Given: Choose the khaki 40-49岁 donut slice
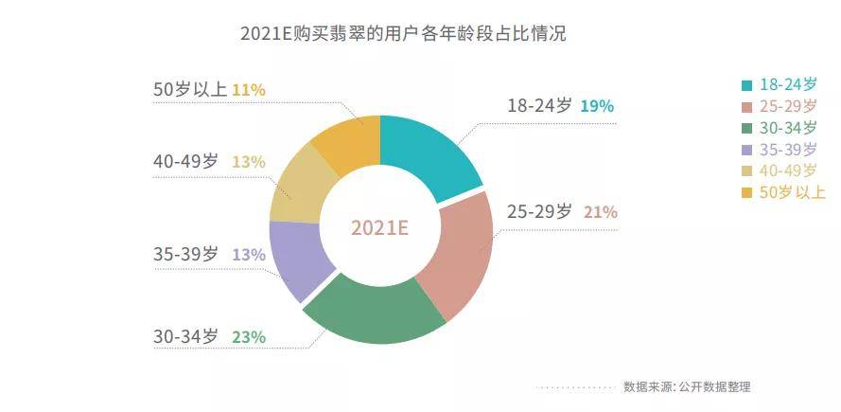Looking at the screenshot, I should pyautogui.click(x=301, y=185).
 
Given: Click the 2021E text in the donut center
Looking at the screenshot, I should pyautogui.click(x=379, y=228).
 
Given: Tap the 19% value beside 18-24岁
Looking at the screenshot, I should pyautogui.click(x=597, y=106).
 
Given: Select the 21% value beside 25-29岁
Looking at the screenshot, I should pyautogui.click(x=600, y=212).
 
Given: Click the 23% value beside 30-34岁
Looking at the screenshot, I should pyautogui.click(x=248, y=336).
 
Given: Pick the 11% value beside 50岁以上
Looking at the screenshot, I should pyautogui.click(x=248, y=90).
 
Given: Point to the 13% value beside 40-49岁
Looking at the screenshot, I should pyautogui.click(x=248, y=162).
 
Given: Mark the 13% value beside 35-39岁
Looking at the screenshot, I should pyautogui.click(x=248, y=254).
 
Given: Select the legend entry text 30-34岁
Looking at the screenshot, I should pyautogui.click(x=789, y=127).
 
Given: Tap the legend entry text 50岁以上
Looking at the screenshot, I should pyautogui.click(x=793, y=192).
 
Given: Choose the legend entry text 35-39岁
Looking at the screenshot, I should pyautogui.click(x=789, y=149).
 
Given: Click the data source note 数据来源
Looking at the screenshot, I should pyautogui.click(x=686, y=386).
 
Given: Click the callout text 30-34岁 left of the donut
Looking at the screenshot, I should pyautogui.click(x=185, y=336).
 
